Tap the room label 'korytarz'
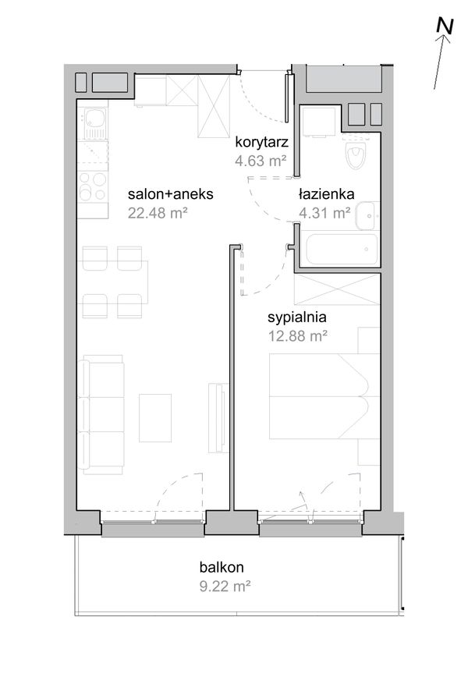[x=261, y=142]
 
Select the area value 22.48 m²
[x=158, y=213]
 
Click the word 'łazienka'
[x=326, y=193]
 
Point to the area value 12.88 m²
[x=298, y=336]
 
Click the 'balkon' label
[x=222, y=567]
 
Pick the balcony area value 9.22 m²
[x=225, y=587]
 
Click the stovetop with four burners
[x=93, y=186]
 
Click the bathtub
[x=339, y=249]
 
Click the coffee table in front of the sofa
[x=155, y=418]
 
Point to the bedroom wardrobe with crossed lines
[x=337, y=289]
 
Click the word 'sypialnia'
[x=297, y=317]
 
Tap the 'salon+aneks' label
[x=171, y=193]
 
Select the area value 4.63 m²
[x=261, y=161]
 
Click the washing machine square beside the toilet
[x=319, y=122]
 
